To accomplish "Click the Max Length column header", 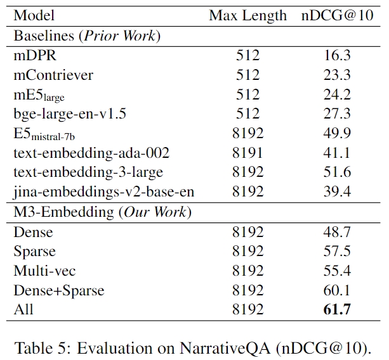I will pyautogui.click(x=247, y=16).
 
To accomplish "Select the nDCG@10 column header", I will pyautogui.click(x=336, y=16).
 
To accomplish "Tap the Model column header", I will pyautogui.click(x=34, y=16).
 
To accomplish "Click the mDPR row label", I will pyautogui.click(x=33, y=55).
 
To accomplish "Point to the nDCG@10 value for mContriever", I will pyautogui.click(x=337, y=75).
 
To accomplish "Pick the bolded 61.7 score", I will pyautogui.click(x=337, y=309).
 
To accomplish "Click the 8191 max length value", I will pyautogui.click(x=247, y=153).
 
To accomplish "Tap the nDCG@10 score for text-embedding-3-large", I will pyautogui.click(x=337, y=172).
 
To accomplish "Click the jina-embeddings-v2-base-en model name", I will pyautogui.click(x=104, y=192).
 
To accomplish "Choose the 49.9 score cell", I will pyautogui.click(x=337, y=133).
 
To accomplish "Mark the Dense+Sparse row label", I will pyautogui.click(x=59, y=290).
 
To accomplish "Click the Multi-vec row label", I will pyautogui.click(x=45, y=271).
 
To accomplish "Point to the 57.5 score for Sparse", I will pyautogui.click(x=337, y=251).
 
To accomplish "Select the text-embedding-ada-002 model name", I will pyautogui.click(x=91, y=153).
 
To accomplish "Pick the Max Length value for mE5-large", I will pyautogui.click(x=247, y=94).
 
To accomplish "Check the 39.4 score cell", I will pyautogui.click(x=337, y=192).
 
